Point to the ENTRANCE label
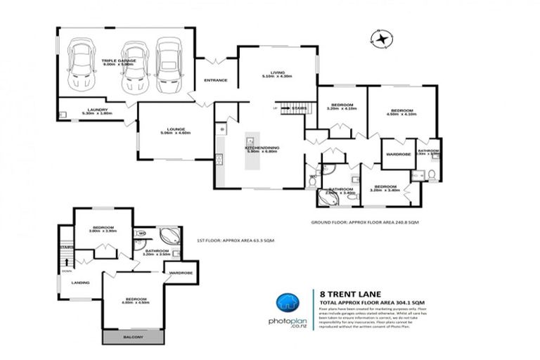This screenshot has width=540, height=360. pos(215,80)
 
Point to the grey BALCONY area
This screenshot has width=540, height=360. pos(133,338)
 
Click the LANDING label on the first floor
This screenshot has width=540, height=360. pos(80,283)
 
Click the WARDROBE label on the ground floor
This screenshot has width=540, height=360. pos(398,154)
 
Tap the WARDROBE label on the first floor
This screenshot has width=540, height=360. pos(180,273)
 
